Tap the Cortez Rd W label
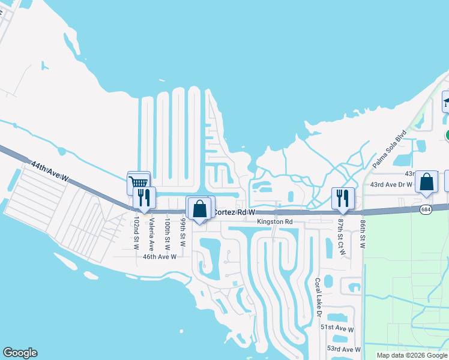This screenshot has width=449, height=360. [x=235, y=212]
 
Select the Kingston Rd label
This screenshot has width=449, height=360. [x=274, y=222]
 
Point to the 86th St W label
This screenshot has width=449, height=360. [x=363, y=233]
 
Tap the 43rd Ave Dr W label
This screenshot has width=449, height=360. [x=391, y=184]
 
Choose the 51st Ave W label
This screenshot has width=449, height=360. [x=337, y=329]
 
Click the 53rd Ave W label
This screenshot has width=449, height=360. [x=343, y=349]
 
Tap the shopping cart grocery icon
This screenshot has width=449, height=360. [x=139, y=182]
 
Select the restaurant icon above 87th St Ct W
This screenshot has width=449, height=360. [x=343, y=197]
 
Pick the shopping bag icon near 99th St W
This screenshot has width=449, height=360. [x=200, y=209]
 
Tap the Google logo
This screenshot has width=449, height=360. [x=20, y=353]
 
